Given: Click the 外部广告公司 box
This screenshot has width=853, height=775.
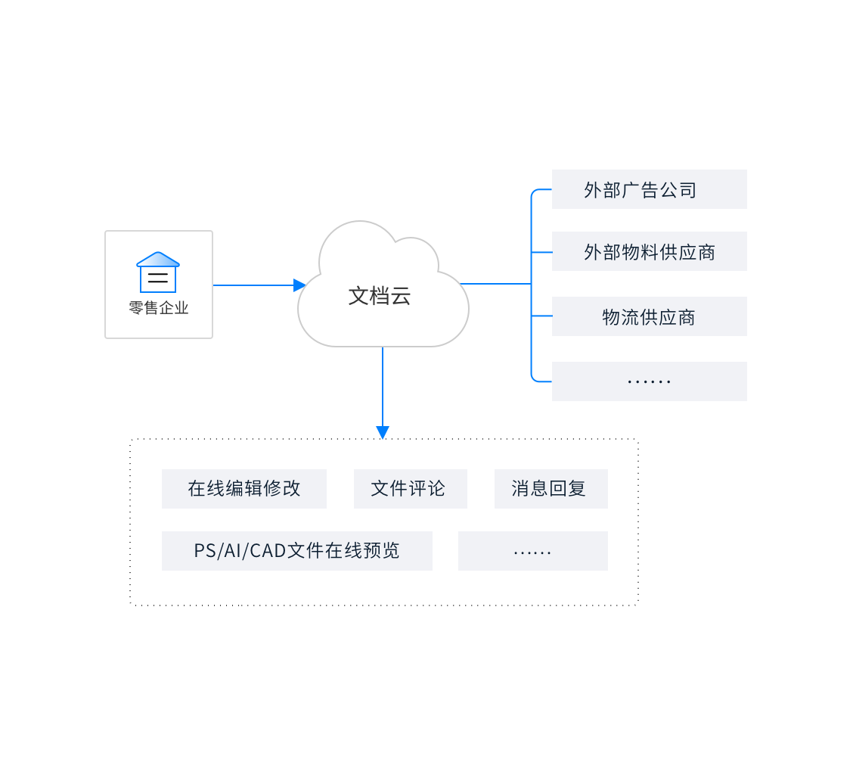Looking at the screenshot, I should [649, 189].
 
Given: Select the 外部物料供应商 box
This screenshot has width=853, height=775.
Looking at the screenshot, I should [649, 251].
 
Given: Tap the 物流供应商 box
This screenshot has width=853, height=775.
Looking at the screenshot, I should [649, 316].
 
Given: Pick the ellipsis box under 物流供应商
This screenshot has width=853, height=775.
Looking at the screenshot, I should [649, 381].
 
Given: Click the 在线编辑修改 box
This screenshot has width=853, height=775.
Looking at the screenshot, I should [243, 489].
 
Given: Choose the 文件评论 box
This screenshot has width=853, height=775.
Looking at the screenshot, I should [410, 489].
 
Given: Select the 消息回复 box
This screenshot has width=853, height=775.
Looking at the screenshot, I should [551, 489].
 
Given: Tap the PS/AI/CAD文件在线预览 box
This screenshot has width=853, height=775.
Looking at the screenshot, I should [296, 551].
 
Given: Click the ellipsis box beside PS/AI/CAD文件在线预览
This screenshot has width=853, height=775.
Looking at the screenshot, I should [532, 551].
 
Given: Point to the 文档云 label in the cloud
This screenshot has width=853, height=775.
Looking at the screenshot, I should [380, 296].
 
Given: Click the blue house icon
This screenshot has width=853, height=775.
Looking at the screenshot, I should [158, 272].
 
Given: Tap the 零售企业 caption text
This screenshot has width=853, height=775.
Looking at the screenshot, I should [158, 308].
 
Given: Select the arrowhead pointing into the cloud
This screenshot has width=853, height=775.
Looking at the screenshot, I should [299, 285].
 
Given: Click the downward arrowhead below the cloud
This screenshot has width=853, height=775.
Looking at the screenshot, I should [383, 432].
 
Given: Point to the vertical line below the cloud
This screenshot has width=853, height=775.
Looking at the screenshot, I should [383, 386].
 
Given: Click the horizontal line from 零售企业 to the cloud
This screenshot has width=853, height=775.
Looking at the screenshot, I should [253, 285].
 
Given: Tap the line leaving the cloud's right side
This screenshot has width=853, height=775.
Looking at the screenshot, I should [495, 284].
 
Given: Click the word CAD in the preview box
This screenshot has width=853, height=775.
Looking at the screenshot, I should [268, 551].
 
